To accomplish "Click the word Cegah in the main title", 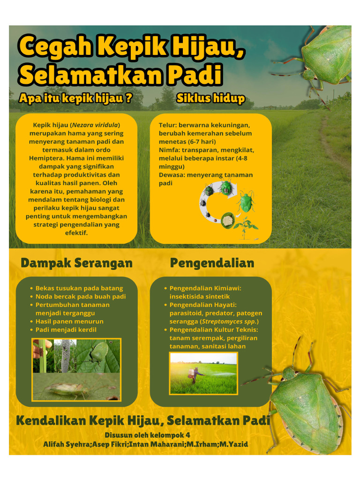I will [x=56, y=48].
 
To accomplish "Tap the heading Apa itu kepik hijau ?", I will [x=75, y=98].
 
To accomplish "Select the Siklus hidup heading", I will [x=210, y=98].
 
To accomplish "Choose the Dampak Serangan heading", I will [x=76, y=263].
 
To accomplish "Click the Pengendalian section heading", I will [x=212, y=263].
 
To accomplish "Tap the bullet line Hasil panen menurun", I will [x=69, y=322].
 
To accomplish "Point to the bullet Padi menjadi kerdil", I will [x=66, y=330].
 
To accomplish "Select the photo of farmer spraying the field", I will [x=203, y=373].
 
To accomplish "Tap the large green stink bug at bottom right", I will [x=305, y=408].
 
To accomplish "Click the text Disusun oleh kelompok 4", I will [x=147, y=435].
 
